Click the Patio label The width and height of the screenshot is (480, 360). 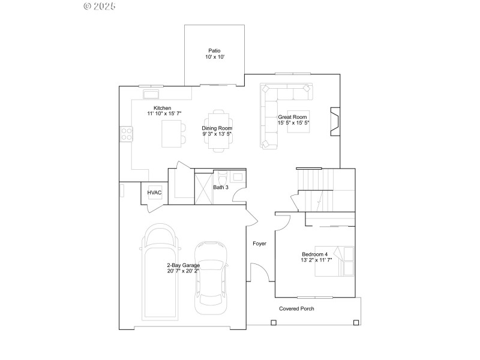click(214, 51)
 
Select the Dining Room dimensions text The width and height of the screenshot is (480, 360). click(217, 134)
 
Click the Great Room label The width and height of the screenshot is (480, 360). click(292, 117)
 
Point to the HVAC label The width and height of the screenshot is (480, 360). click(155, 192)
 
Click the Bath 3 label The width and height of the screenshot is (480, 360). click(221, 188)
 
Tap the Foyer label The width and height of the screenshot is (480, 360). click(259, 244)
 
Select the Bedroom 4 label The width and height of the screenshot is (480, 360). click(316, 254)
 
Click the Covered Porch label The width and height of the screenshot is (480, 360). click(296, 309)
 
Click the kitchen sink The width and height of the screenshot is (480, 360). click(150, 94)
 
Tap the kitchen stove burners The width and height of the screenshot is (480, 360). click(127, 133)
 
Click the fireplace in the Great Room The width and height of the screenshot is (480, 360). click(335, 119)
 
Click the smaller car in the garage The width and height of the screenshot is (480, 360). click(211, 276)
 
